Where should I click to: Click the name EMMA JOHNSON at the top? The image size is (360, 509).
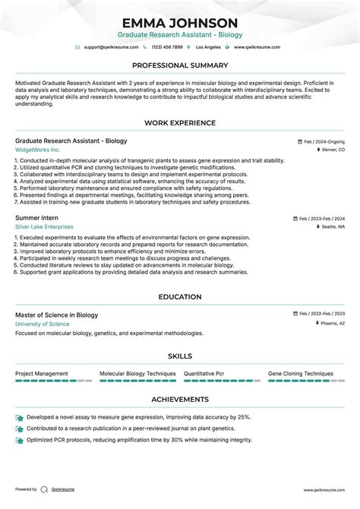click(x=179, y=23)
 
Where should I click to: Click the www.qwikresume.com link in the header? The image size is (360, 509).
click(x=257, y=47)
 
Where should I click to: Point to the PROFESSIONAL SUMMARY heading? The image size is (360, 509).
click(x=179, y=65)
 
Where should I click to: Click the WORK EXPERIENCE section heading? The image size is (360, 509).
click(x=179, y=122)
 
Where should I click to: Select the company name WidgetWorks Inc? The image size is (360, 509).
click(x=36, y=150)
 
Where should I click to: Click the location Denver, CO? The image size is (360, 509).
click(x=333, y=150)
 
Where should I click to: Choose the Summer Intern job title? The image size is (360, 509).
click(x=37, y=217)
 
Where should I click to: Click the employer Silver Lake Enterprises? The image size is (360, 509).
click(x=44, y=226)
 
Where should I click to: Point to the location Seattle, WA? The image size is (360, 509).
click(x=333, y=226)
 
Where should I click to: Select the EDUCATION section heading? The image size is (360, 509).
click(x=179, y=297)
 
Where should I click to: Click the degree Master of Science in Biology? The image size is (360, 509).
click(x=56, y=315)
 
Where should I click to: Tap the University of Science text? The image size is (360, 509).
click(x=42, y=324)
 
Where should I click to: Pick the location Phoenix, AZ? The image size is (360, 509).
click(x=332, y=324)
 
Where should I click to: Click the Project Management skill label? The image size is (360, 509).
click(x=42, y=374)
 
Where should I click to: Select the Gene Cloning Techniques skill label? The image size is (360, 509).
click(x=301, y=374)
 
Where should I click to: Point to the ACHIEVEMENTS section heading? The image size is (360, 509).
click(x=179, y=399)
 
